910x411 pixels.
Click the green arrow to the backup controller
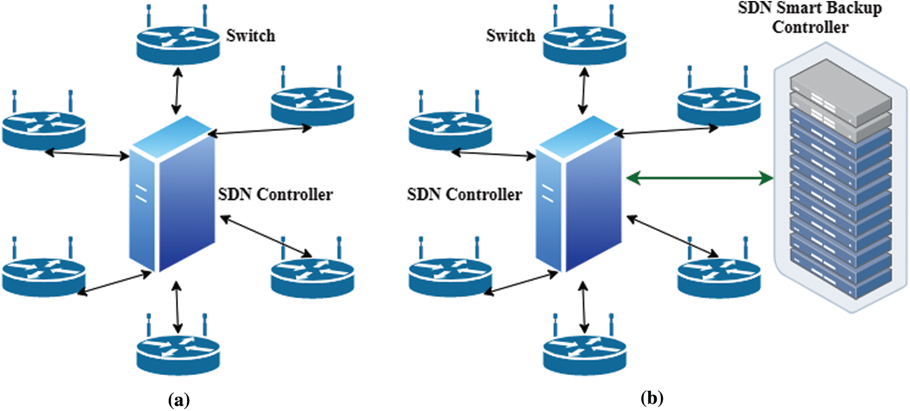coord(700,178)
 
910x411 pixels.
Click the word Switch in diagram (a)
coord(251,36)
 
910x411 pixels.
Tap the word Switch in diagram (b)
coord(510,36)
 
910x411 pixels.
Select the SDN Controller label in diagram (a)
coord(275,195)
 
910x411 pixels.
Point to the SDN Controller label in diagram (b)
coord(464,195)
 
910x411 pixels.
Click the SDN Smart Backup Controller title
coord(810,17)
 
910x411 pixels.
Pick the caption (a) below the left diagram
coord(179,399)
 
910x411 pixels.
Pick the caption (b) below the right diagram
coord(652,398)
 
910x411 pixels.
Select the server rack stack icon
coord(840,184)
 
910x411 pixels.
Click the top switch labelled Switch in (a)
coord(178,44)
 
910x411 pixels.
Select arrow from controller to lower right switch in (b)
coord(672,236)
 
